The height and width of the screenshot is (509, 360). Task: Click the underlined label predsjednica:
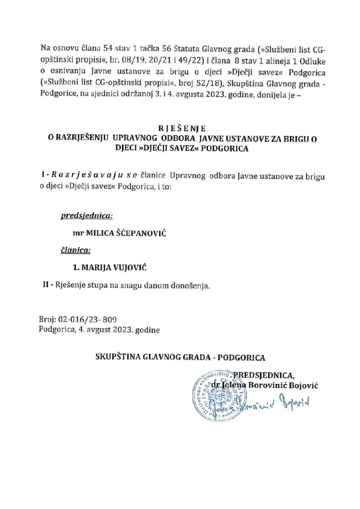(x=87, y=216)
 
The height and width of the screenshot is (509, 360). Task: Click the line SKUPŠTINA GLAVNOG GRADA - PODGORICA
(x=180, y=357)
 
